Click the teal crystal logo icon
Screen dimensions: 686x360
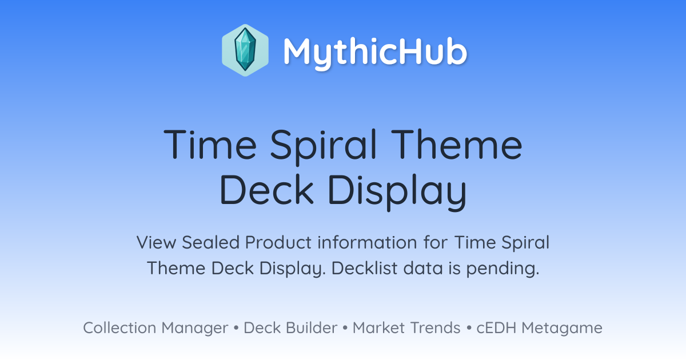245,50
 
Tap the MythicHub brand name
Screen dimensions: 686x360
375,53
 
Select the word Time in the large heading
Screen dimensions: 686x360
210,144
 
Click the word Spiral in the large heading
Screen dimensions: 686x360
323,147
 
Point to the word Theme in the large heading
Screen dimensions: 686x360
456,144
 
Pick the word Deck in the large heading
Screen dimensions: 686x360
267,189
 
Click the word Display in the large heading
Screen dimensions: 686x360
397,192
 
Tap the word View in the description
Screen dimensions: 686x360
156,242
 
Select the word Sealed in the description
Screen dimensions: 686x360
210,242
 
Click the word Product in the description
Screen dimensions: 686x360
278,242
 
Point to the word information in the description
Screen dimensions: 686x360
367,242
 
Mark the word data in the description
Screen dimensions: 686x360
423,268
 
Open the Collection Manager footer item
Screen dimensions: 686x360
155,328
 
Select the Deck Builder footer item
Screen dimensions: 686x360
290,327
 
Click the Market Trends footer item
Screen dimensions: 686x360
406,327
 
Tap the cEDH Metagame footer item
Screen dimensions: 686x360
539,328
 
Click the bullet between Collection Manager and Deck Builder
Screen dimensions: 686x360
236,328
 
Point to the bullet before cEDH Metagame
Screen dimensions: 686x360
469,328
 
